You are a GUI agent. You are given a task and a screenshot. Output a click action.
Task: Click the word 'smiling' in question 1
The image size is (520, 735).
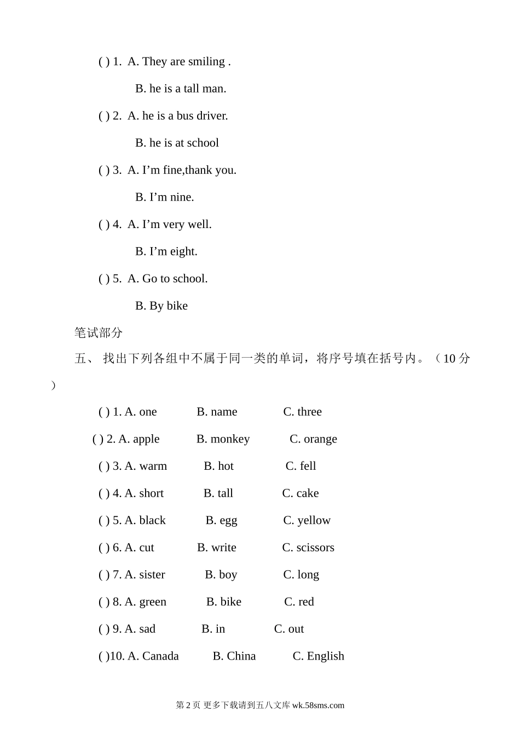(x=206, y=62)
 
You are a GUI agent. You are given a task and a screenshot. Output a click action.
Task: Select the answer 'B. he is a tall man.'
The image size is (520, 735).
(x=181, y=89)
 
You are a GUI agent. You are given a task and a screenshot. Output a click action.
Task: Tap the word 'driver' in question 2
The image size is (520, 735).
(x=211, y=116)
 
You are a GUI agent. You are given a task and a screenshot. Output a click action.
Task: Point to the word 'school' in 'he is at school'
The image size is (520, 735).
(x=203, y=143)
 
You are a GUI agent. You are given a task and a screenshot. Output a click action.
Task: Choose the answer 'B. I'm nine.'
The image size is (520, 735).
(x=164, y=197)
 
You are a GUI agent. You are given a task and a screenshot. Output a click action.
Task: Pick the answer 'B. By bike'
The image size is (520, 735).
(x=161, y=306)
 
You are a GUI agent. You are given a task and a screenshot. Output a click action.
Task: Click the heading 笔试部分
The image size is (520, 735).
(x=99, y=332)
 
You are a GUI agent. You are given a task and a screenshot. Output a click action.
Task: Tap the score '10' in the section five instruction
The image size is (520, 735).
(x=449, y=359)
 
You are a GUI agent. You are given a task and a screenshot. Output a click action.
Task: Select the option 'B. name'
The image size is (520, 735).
(x=217, y=412)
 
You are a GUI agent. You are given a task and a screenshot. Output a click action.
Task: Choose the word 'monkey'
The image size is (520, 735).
(x=230, y=439)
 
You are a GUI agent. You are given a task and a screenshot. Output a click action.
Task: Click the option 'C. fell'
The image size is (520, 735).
(x=301, y=466)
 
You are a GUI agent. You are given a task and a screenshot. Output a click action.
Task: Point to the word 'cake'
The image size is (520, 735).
(x=308, y=493)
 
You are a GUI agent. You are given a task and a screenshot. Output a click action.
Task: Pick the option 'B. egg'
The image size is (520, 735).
(x=221, y=521)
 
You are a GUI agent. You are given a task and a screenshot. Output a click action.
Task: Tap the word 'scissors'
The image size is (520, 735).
(x=315, y=547)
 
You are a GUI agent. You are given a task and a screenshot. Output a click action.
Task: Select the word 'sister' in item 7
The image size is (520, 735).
(x=152, y=575)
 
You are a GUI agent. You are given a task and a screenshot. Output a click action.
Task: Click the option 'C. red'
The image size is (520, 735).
(x=299, y=602)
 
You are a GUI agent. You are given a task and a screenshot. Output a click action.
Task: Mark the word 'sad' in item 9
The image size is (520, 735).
(x=147, y=629)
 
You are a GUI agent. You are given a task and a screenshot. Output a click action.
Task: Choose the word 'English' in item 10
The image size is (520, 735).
(x=326, y=656)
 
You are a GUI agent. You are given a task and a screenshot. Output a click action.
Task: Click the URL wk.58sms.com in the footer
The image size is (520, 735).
(x=318, y=705)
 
